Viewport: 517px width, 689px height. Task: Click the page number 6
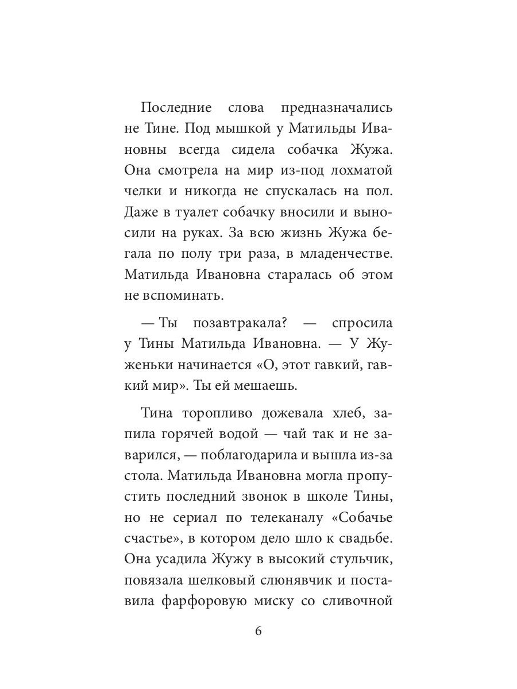tap(258, 631)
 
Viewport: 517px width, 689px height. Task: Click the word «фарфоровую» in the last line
tap(206, 602)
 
